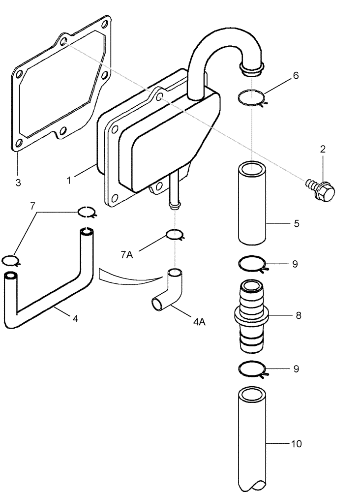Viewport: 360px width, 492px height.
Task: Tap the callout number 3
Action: (18, 183)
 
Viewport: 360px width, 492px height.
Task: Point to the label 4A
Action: (199, 322)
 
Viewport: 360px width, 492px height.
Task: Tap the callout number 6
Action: (295, 76)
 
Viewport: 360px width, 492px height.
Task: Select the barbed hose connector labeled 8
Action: (252, 316)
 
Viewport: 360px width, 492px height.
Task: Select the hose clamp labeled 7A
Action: (175, 235)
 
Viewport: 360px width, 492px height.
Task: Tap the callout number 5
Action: (296, 223)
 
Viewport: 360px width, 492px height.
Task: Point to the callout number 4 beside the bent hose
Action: (75, 318)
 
